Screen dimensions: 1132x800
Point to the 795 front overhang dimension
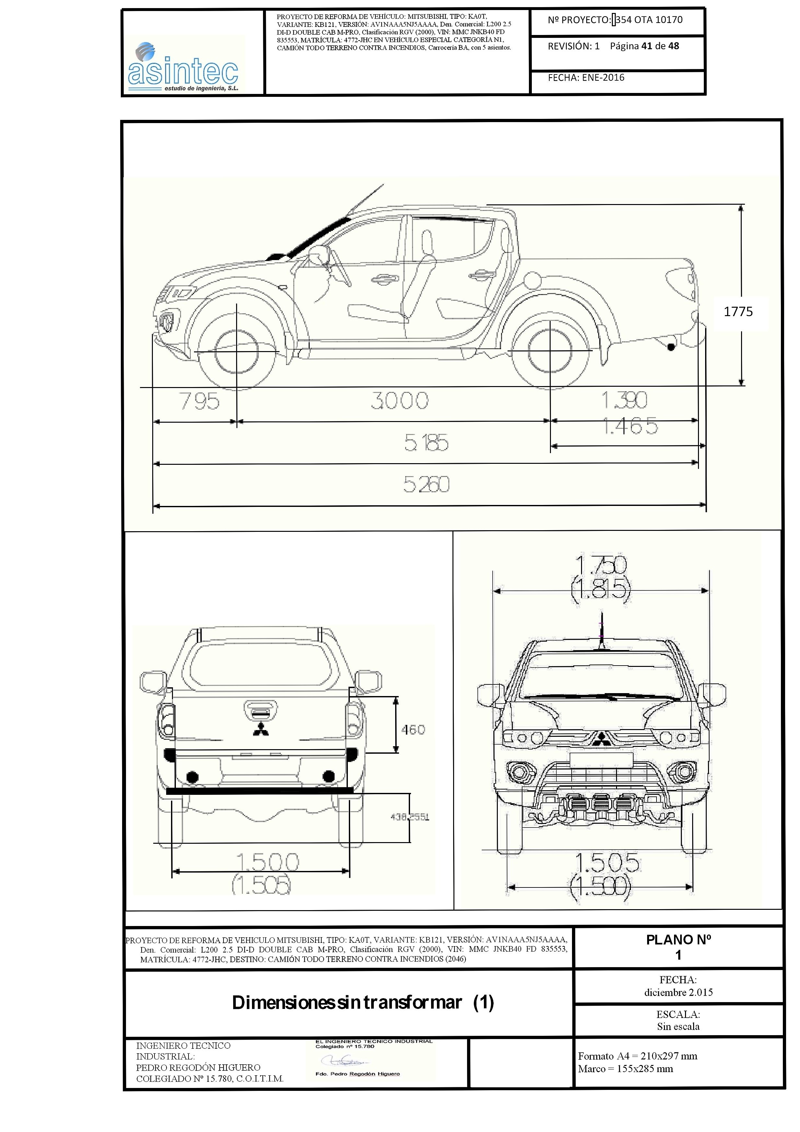(199, 401)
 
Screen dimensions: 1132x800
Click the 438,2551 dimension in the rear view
(410, 817)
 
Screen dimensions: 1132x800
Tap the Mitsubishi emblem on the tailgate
(261, 730)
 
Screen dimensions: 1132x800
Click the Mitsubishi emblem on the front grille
(600, 738)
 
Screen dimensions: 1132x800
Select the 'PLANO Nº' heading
(678, 940)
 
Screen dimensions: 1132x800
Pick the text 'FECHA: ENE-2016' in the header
(586, 77)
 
